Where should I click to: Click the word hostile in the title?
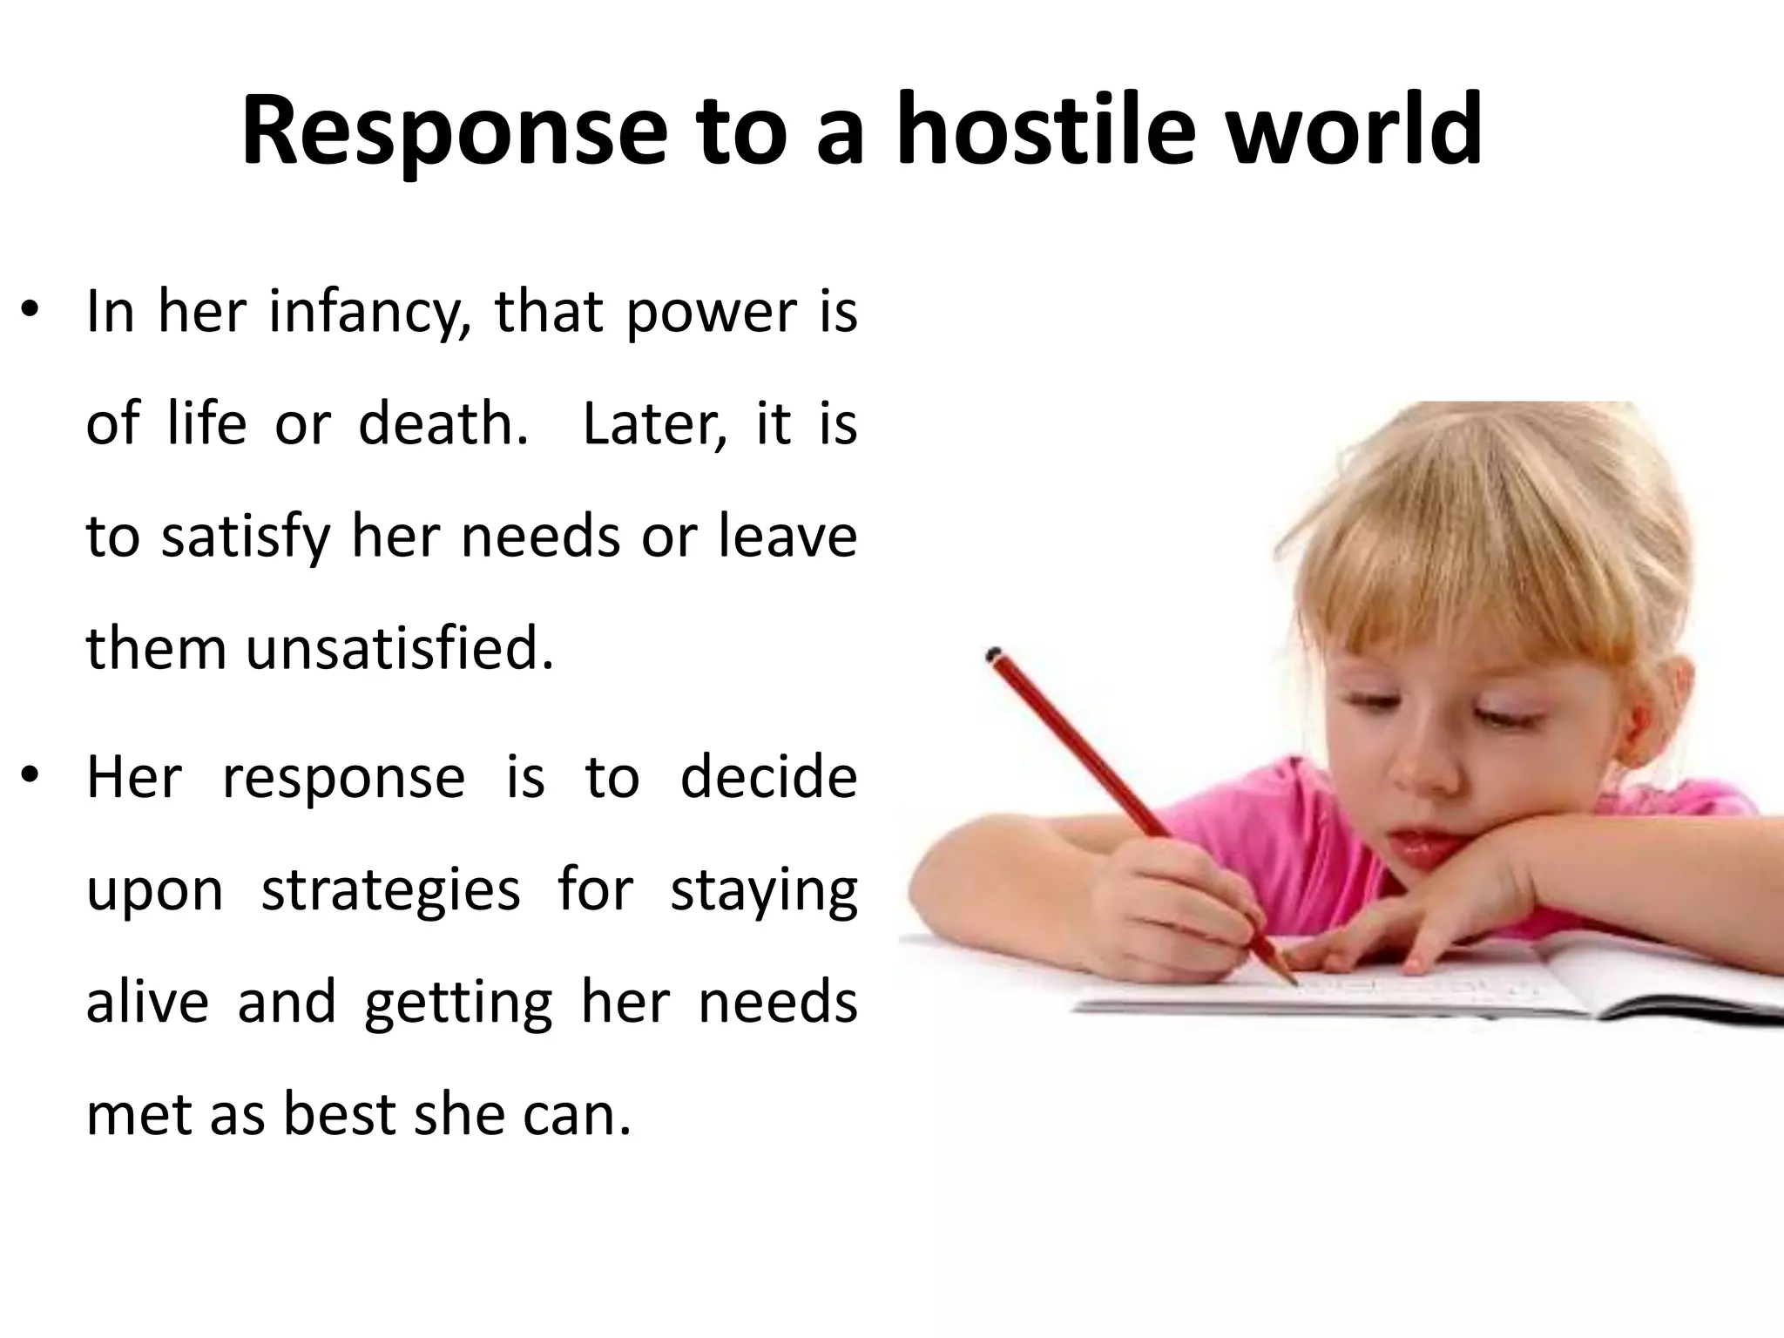point(1045,131)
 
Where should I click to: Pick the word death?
point(443,424)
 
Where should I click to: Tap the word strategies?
point(390,891)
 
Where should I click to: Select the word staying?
point(763,891)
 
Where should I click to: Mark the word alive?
point(147,1002)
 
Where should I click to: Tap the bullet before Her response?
point(30,776)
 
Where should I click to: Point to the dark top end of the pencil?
point(992,654)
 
